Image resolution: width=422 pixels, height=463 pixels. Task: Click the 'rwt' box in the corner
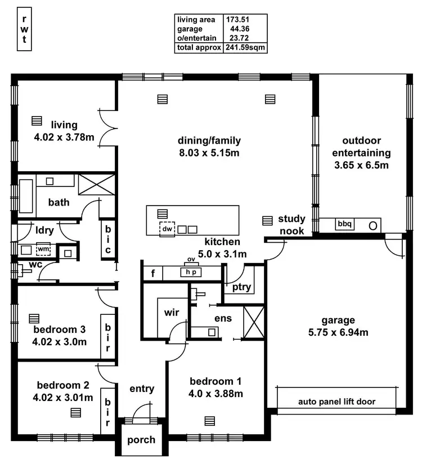[24, 29]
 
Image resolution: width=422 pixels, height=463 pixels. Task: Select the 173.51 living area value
[237, 19]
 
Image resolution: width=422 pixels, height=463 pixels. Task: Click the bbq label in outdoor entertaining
[344, 224]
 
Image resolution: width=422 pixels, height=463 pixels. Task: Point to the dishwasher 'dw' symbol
[167, 229]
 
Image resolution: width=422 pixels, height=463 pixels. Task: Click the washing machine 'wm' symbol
[43, 249]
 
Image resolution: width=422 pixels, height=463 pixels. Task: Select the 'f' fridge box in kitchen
[152, 274]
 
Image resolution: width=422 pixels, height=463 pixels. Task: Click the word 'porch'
[141, 440]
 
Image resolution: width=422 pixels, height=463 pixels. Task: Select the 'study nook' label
[291, 225]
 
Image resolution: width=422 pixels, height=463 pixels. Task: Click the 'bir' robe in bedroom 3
[108, 336]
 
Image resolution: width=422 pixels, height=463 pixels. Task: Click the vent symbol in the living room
[37, 121]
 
